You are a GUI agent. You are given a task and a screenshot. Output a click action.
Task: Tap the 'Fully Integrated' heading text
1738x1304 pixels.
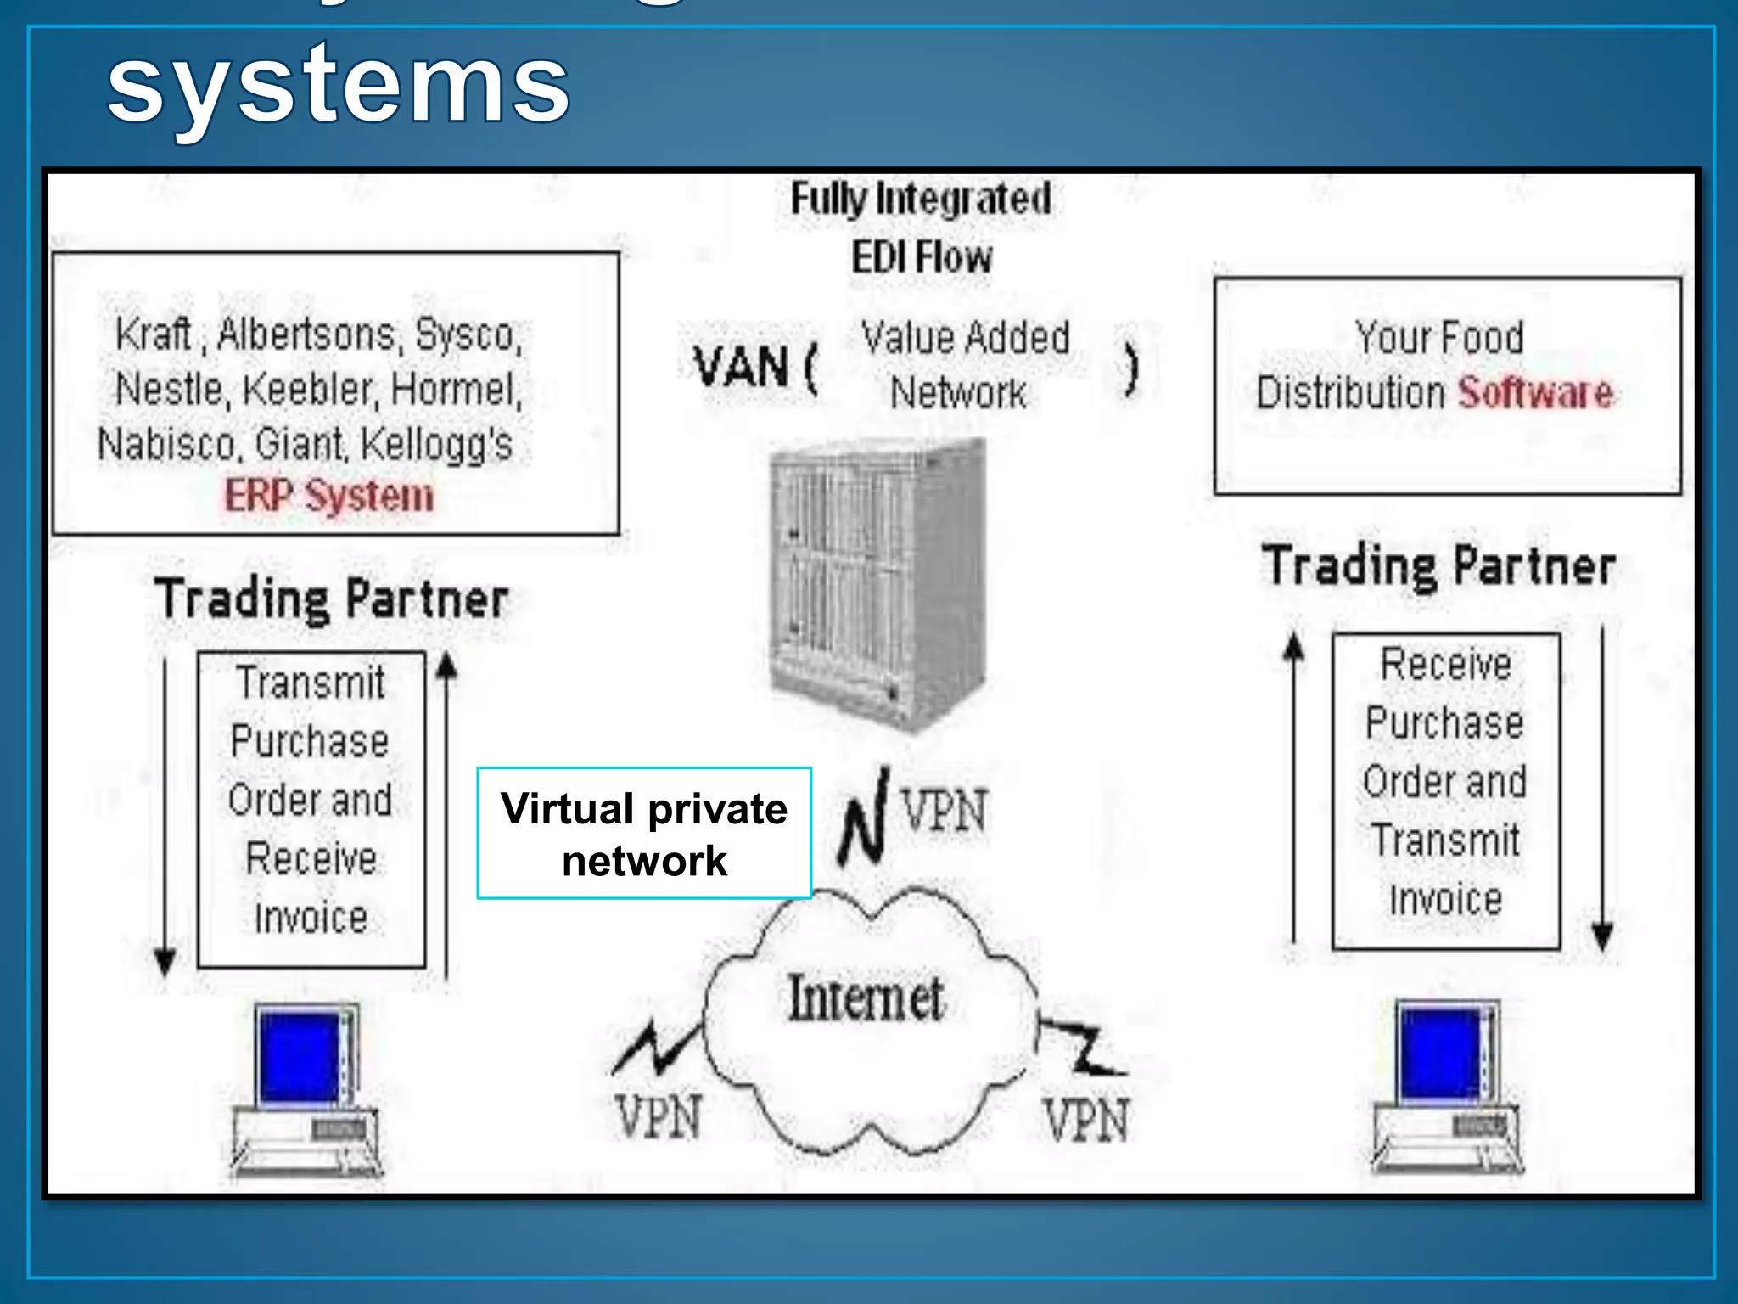pos(921,200)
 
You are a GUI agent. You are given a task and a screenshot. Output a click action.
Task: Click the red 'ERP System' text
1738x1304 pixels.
pos(329,496)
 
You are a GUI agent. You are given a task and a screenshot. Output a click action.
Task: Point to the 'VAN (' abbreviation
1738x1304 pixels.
pos(754,368)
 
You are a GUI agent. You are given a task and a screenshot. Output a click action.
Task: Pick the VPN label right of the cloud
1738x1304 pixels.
pos(1087,1120)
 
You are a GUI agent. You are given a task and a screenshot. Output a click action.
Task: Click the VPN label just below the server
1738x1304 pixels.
pos(945,811)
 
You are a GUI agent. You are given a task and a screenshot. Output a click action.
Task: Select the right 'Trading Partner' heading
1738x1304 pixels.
pos(1439,566)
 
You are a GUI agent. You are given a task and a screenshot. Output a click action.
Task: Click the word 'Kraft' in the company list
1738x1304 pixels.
pos(153,334)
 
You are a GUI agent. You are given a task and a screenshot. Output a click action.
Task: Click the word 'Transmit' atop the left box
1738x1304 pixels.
pos(311,683)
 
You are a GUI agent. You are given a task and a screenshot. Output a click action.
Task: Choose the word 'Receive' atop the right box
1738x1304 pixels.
pos(1446,664)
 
